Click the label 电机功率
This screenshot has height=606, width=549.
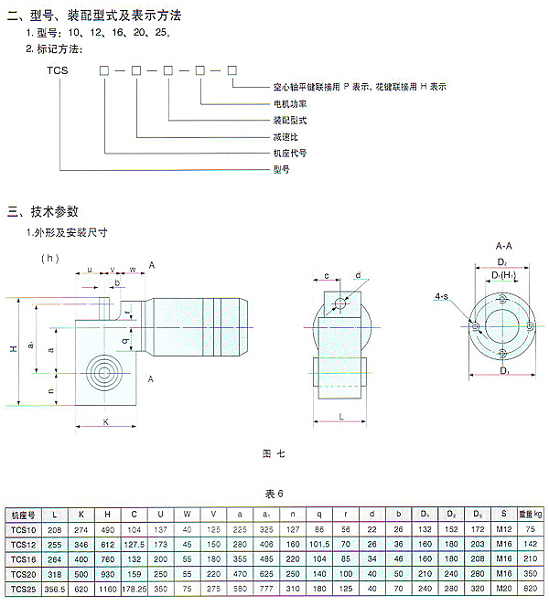click(292, 103)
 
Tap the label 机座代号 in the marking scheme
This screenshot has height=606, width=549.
click(290, 153)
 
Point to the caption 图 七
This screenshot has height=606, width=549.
click(274, 452)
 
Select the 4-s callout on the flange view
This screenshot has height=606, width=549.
click(442, 296)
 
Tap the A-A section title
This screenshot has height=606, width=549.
click(503, 247)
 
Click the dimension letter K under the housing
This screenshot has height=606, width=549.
click(106, 421)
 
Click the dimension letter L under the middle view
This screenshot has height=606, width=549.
click(340, 416)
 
